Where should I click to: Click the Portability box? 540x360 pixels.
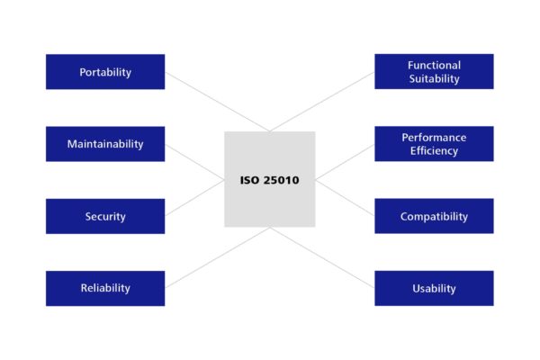pos(105,72)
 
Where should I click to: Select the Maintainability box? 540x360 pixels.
pos(105,144)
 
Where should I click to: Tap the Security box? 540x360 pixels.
pos(105,216)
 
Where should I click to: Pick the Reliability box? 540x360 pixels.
pos(105,288)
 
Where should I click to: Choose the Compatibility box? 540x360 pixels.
pos(435,216)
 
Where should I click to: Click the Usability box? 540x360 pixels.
pos(435,288)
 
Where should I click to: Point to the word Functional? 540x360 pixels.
pos(435,65)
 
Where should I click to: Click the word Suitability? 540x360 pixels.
pos(435,78)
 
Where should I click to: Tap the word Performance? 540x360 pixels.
pos(435,138)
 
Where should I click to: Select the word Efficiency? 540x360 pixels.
pos(435,151)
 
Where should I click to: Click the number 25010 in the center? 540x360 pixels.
pos(281,180)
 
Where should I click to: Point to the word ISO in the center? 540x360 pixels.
pos(249,180)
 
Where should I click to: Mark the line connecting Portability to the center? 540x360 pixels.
pos(218,102)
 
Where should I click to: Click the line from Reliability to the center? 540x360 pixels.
pos(218,257)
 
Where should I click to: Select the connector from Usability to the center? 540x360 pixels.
pos(322,257)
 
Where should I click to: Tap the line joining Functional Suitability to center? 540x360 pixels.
pos(322,102)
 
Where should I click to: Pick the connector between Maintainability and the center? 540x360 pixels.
pos(194,162)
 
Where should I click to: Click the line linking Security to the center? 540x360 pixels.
pos(194,198)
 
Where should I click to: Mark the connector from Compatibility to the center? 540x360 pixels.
pos(345,198)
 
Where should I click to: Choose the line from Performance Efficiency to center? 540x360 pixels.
pos(345,162)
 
